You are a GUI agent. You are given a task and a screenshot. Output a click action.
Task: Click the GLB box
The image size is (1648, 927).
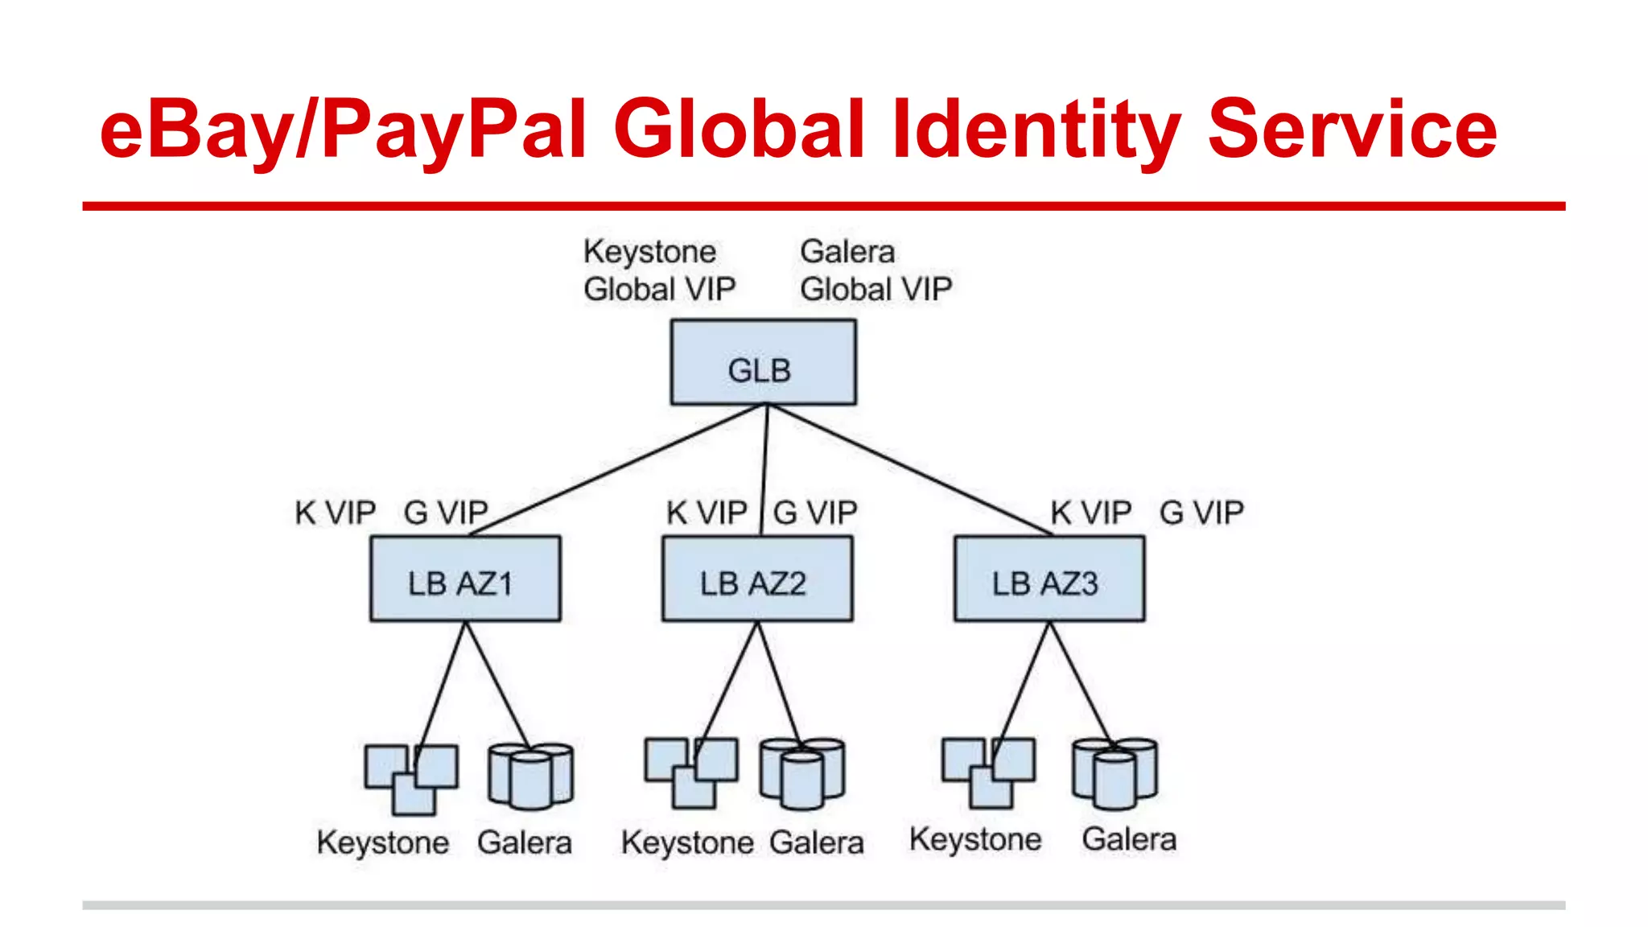click(763, 362)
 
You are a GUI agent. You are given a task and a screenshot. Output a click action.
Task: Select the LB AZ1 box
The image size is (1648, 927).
click(465, 579)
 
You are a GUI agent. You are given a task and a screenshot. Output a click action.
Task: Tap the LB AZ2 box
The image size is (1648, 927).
click(757, 579)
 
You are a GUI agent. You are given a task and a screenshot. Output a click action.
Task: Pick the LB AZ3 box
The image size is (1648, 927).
click(1049, 579)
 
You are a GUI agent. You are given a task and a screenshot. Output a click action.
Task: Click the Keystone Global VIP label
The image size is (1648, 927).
click(659, 270)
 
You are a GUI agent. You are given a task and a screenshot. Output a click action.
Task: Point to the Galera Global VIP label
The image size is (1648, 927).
click(875, 270)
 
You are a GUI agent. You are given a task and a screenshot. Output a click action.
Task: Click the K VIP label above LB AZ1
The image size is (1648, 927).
click(335, 513)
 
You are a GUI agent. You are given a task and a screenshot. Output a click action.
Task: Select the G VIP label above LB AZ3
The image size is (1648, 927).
click(1201, 513)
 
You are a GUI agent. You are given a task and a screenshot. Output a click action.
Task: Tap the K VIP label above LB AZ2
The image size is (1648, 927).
click(707, 513)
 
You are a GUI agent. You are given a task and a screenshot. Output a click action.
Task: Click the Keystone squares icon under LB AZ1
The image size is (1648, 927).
click(411, 778)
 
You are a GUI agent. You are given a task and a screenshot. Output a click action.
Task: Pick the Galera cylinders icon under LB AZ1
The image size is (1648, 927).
click(531, 776)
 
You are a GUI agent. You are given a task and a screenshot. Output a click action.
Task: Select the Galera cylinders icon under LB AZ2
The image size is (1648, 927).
click(802, 772)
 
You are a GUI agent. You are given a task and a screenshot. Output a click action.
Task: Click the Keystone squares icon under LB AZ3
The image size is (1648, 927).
click(989, 772)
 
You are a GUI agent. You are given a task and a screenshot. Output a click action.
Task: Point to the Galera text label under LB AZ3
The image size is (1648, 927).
click(1129, 839)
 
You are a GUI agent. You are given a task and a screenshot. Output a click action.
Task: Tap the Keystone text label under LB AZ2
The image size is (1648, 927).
click(687, 843)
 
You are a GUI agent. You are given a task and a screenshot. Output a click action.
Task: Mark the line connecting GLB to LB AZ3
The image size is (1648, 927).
click(909, 469)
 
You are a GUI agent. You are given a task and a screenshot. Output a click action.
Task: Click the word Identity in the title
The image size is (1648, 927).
click(1036, 129)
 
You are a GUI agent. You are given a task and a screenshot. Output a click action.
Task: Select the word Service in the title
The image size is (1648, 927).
click(1352, 129)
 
